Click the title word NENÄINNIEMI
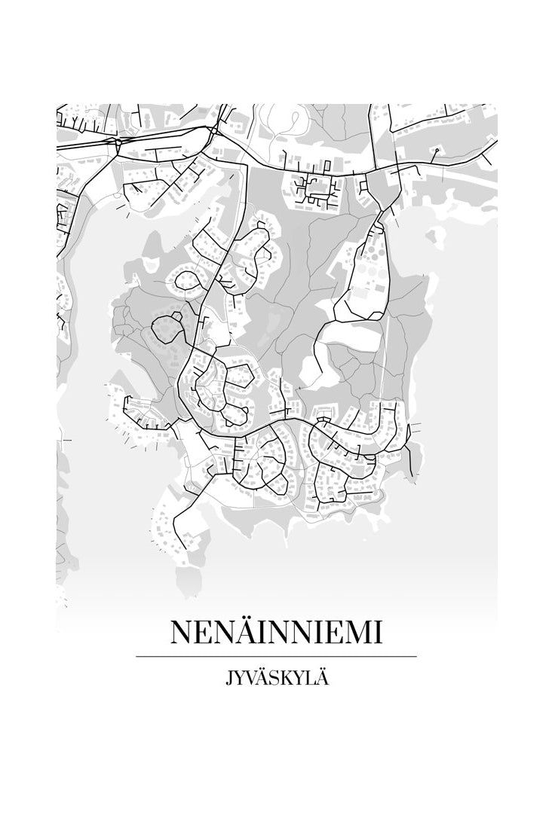tap(276, 632)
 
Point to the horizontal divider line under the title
tap(276, 657)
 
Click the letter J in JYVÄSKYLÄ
tap(228, 679)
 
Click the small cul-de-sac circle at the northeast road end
tap(437, 151)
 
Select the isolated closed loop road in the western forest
tap(168, 329)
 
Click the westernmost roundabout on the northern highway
tap(118, 141)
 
